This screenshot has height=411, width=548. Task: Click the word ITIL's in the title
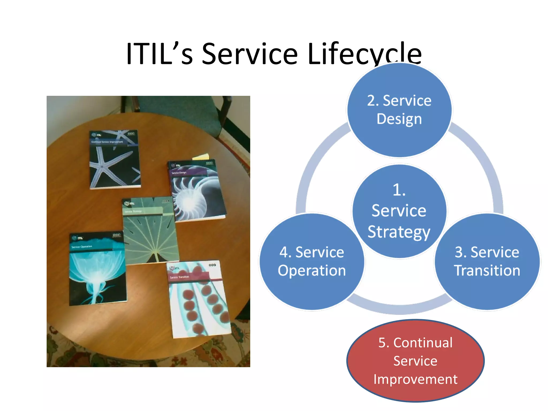pyautogui.click(x=159, y=54)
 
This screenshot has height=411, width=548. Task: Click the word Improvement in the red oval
pyautogui.click(x=415, y=379)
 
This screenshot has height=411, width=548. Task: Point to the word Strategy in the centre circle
pyautogui.click(x=399, y=232)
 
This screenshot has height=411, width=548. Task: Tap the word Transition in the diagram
pyautogui.click(x=487, y=271)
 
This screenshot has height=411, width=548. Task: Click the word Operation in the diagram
pyautogui.click(x=312, y=271)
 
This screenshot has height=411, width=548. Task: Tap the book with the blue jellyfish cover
pyautogui.click(x=97, y=269)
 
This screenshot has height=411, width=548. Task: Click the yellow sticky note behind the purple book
pyautogui.click(x=202, y=157)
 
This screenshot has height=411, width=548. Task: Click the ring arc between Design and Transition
pyautogui.click(x=482, y=161)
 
